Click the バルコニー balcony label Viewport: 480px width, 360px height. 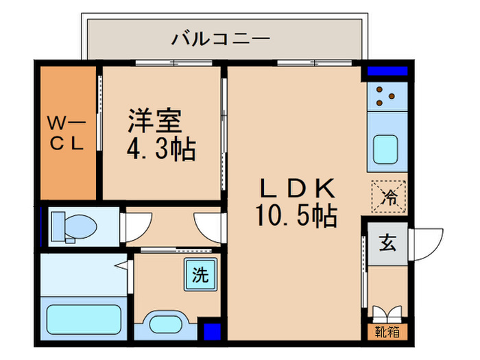pyautogui.click(x=220, y=38)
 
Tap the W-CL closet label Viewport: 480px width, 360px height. pyautogui.click(x=66, y=133)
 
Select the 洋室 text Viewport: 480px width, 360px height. pyautogui.click(x=154, y=121)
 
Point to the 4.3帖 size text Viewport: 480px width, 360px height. pyautogui.click(x=161, y=149)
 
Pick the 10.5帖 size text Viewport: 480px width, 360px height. pyautogui.click(x=297, y=217)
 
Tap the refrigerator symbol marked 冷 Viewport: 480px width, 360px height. pyautogui.click(x=389, y=197)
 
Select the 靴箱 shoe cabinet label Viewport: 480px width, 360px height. pyautogui.click(x=387, y=333)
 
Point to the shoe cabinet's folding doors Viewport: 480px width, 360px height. pyautogui.click(x=387, y=313)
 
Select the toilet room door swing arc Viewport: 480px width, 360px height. pyautogui.click(x=135, y=225)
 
